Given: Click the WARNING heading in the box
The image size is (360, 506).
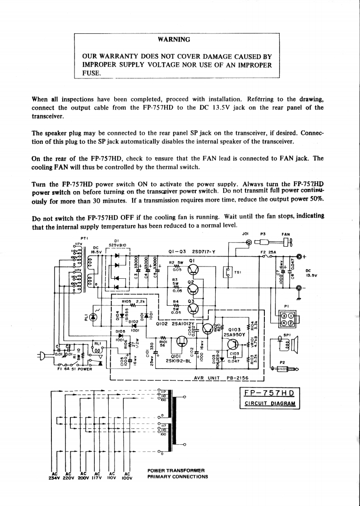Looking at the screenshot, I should point(174,39).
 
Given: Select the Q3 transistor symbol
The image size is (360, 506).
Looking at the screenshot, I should point(193,308).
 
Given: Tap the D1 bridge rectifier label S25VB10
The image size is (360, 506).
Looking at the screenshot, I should point(117,245).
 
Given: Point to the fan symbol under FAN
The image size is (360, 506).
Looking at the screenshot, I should point(287,243).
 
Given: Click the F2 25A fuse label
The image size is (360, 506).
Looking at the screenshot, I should point(269,252).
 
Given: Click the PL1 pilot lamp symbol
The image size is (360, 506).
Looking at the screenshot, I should point(93,317).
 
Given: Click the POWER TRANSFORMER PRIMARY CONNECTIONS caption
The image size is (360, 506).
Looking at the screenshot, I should point(178,474).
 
